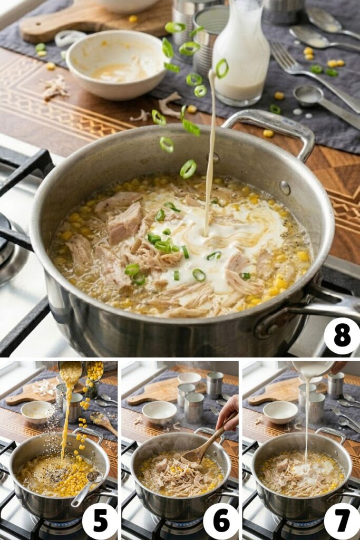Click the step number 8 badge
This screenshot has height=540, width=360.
[342, 336]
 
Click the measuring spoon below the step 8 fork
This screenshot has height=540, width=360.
[316, 100]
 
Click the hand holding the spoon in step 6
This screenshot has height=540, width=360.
[228, 413]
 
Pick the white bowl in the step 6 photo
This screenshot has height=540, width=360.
[159, 412]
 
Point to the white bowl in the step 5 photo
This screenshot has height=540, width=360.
[37, 411]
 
